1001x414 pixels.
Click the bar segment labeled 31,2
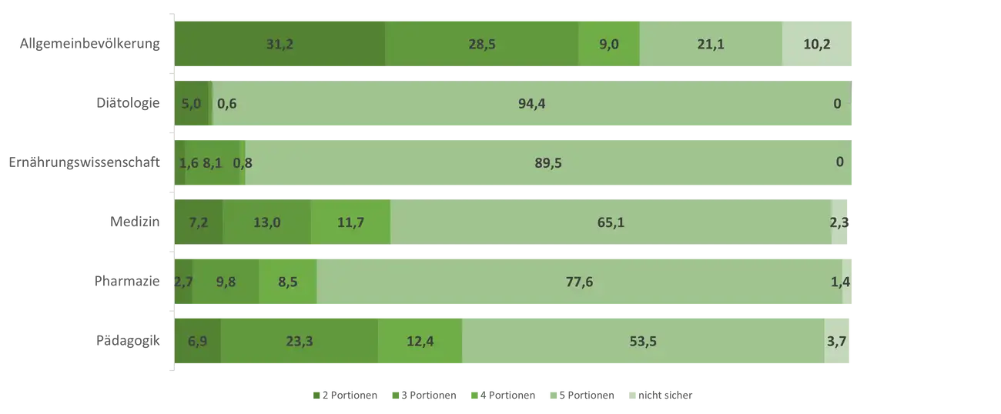tap(280, 44)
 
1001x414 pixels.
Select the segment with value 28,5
tap(481, 44)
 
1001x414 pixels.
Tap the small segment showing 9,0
tap(609, 44)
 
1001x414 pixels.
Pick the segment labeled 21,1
tap(710, 44)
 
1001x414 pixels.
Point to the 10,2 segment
tap(817, 44)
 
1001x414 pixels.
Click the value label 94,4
tap(532, 104)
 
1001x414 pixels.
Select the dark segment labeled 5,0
tap(190, 104)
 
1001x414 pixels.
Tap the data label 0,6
tap(226, 104)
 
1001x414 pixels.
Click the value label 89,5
tap(547, 162)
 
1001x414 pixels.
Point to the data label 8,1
tap(212, 162)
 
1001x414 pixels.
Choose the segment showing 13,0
tap(266, 222)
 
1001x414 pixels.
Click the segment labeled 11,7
tap(350, 222)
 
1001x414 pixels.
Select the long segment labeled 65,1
tap(610, 222)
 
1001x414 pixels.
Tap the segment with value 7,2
tap(199, 222)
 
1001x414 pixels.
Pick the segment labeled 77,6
tap(579, 282)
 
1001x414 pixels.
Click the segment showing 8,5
tap(288, 282)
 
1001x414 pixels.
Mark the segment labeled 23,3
tap(299, 341)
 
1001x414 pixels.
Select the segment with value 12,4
tap(420, 341)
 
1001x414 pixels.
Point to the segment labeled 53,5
tap(642, 341)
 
